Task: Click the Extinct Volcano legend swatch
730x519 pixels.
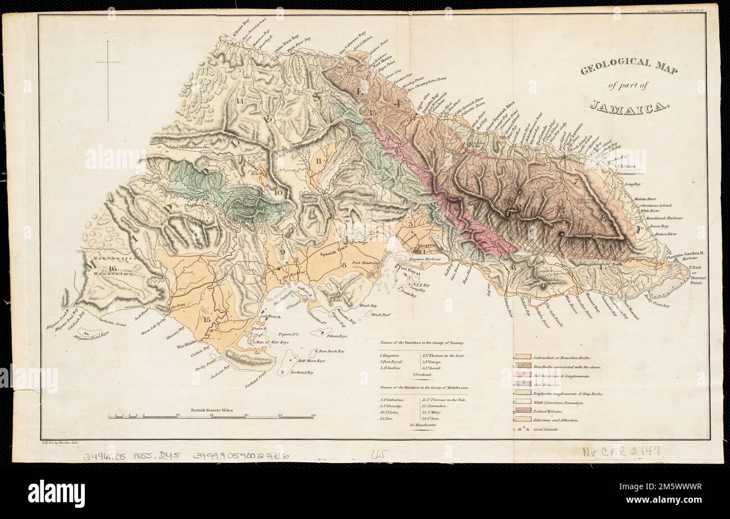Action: (522, 411)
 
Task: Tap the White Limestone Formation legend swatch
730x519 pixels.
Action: (522, 402)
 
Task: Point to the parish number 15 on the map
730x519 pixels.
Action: (208, 320)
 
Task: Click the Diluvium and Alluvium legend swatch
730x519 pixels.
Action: (522, 420)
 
